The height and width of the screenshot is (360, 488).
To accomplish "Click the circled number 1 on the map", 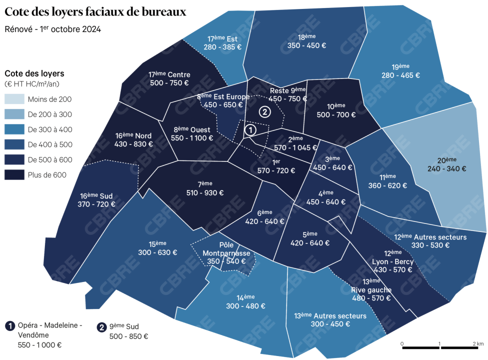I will point(251,129).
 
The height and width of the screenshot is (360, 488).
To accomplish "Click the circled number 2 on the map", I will point(265,111).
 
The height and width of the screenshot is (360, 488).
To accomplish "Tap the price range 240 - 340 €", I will point(447,168).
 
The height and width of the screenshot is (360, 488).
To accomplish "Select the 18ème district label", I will point(306,37).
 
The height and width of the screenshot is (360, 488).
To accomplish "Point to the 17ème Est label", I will point(222,38).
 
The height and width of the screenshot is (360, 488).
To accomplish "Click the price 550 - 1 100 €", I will point(192,138).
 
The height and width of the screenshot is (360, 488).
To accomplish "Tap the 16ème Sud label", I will point(96,195).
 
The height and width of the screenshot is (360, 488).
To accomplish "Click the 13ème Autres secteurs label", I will point(330,315).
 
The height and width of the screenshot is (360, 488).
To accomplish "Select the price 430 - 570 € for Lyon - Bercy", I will point(393,270).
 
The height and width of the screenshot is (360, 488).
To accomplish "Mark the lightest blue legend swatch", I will point(14,99).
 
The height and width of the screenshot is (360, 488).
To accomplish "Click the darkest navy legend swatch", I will point(14,174).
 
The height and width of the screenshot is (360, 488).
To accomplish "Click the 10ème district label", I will point(336,106).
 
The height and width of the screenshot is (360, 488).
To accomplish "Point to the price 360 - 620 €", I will point(387,185).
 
